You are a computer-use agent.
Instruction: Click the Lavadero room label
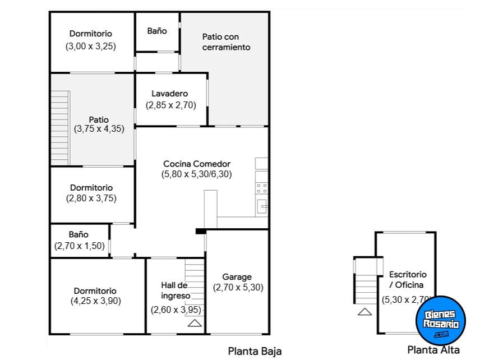[x=169, y=94]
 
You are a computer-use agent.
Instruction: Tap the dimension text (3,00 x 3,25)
[x=90, y=47]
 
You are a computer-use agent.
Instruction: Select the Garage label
[x=237, y=277]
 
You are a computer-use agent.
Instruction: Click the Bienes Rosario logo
[x=440, y=320]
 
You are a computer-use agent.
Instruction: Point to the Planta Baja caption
[x=255, y=352]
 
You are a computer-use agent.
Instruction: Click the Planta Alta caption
[x=433, y=350]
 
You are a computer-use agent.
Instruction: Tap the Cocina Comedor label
[x=197, y=164]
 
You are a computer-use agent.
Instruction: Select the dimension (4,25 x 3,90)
[x=95, y=301]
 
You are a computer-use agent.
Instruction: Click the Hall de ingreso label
[x=175, y=290]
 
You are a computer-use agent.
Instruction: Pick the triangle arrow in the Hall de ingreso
[x=194, y=322]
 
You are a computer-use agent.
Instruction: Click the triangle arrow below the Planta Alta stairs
[x=364, y=312]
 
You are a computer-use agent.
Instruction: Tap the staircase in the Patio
[x=59, y=128]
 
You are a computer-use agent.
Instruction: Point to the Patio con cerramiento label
[x=224, y=41]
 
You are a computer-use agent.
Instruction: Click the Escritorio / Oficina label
[x=408, y=280]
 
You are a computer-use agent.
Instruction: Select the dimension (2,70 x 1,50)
[x=79, y=246]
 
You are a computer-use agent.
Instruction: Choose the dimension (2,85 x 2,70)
[x=171, y=104]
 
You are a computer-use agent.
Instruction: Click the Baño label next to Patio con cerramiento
[x=157, y=31]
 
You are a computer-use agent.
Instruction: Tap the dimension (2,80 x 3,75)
[x=91, y=199]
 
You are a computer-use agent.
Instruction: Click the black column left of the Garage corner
[x=200, y=231]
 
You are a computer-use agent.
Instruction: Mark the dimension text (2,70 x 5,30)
[x=238, y=288]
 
